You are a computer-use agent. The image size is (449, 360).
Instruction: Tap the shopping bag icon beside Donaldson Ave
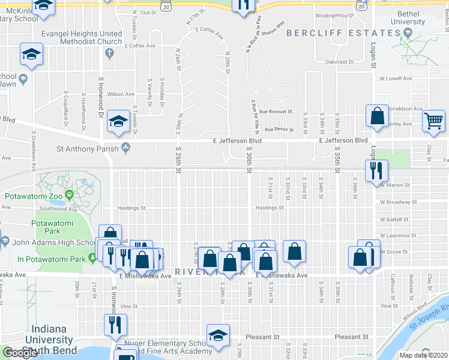coord(377,117)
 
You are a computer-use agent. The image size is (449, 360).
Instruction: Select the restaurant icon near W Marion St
coord(376,171)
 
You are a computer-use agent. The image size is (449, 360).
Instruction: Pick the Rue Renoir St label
coord(279,129)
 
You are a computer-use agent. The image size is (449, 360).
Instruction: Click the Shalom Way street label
coord(272,28)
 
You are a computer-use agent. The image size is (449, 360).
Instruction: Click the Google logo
coord(19,353)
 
